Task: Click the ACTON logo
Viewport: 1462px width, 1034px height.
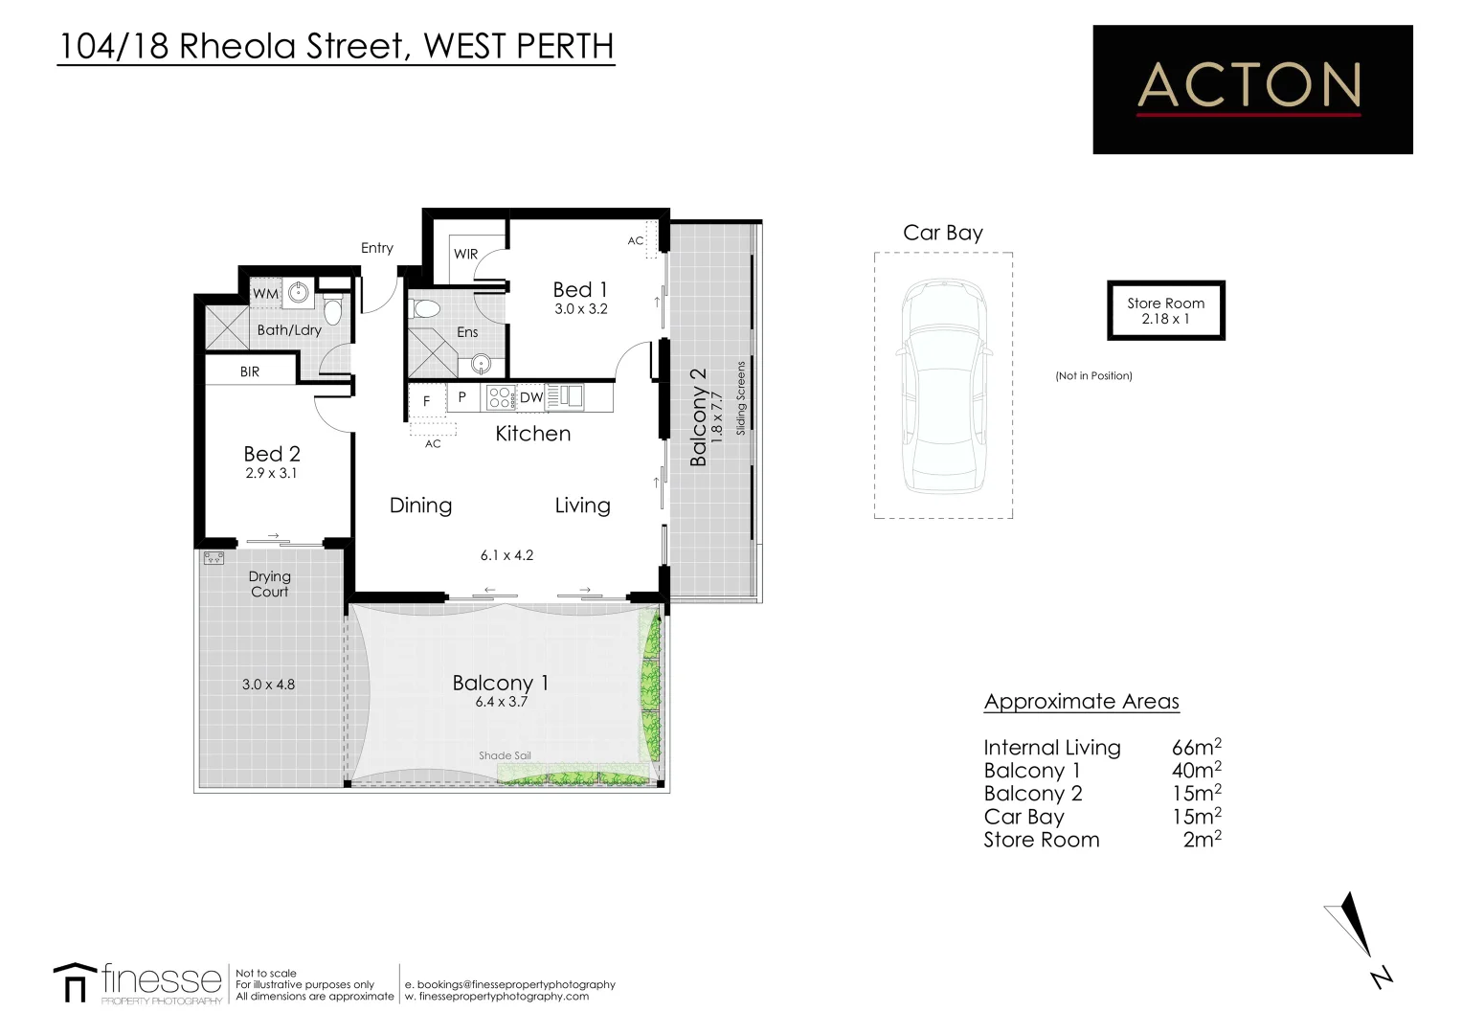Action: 1251,89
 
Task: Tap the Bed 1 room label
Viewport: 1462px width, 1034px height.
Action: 580,289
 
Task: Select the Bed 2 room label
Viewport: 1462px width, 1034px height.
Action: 271,454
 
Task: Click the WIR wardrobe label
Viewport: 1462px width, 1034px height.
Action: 465,254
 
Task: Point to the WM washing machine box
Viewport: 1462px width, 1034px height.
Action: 265,294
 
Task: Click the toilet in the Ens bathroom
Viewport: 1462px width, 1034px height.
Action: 424,309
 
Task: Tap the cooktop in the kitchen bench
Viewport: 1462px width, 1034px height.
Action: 500,397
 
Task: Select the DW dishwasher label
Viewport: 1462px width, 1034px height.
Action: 530,397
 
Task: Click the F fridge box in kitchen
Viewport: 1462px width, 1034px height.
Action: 427,401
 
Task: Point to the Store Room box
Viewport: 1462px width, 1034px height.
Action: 1165,310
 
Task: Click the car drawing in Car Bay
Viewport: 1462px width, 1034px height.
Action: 942,385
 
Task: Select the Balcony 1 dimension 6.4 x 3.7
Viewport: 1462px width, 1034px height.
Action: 501,702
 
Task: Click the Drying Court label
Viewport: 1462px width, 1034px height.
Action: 269,584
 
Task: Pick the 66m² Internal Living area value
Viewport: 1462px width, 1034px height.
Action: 1196,748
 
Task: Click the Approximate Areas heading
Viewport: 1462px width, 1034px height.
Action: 1081,702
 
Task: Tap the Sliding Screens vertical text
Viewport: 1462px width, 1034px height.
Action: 741,398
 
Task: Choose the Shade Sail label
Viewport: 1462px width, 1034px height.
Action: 505,755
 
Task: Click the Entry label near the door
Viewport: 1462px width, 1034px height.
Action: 376,248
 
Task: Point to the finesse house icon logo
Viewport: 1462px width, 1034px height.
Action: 75,982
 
